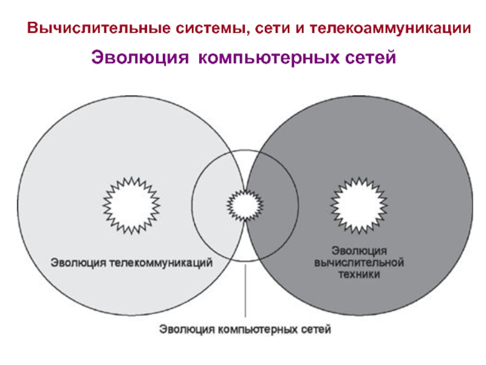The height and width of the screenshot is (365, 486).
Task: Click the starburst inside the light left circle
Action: point(130,205)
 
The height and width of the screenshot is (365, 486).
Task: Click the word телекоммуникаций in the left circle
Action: point(160,263)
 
